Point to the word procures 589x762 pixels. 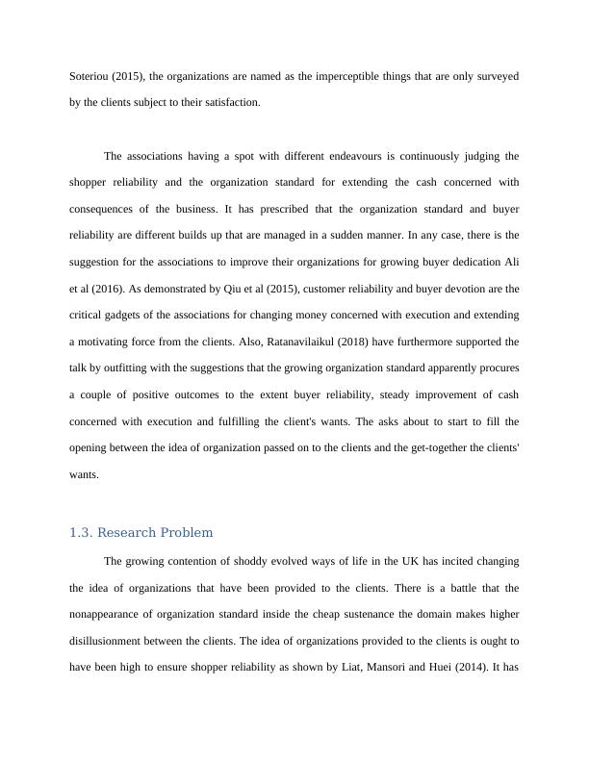pos(496,368)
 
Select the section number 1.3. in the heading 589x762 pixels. pos(81,532)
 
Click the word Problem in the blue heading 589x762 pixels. pos(188,532)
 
